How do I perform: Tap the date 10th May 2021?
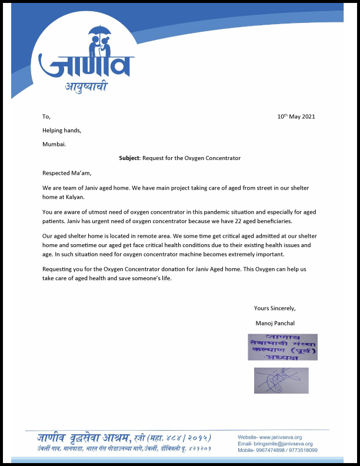pos(296,116)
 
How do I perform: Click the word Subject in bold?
pos(129,158)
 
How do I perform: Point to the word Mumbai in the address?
pos(54,144)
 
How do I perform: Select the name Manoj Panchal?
pos(275,323)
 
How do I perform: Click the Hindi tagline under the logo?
pos(86,88)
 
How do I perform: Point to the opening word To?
pos(46,116)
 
